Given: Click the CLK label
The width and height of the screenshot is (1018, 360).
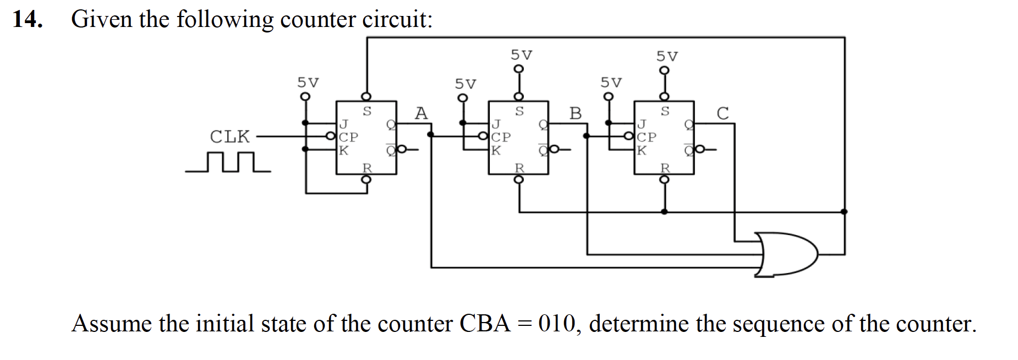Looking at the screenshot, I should click(229, 136).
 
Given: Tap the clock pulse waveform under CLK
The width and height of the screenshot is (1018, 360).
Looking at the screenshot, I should click(228, 163).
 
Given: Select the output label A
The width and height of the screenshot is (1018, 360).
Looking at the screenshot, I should click(421, 113).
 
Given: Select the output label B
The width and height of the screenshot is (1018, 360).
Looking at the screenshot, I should click(575, 113).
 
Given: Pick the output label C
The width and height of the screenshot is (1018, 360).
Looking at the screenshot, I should click(723, 113).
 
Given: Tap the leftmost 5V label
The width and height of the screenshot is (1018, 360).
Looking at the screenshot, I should click(308, 83).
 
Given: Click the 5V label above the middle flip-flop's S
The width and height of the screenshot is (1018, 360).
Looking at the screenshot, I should click(521, 55).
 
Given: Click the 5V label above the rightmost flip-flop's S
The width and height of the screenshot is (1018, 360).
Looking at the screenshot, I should click(667, 56).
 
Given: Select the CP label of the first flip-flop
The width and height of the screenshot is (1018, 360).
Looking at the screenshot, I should click(348, 137).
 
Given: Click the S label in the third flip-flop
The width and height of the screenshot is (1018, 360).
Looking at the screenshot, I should click(665, 112).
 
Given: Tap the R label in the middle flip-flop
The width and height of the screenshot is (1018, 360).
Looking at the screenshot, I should click(519, 167).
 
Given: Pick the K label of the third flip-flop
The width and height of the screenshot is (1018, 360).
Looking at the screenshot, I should click(642, 150).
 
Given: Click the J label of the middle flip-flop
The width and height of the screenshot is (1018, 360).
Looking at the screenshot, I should click(496, 123).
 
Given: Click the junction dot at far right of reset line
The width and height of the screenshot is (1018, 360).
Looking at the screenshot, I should click(844, 211).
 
